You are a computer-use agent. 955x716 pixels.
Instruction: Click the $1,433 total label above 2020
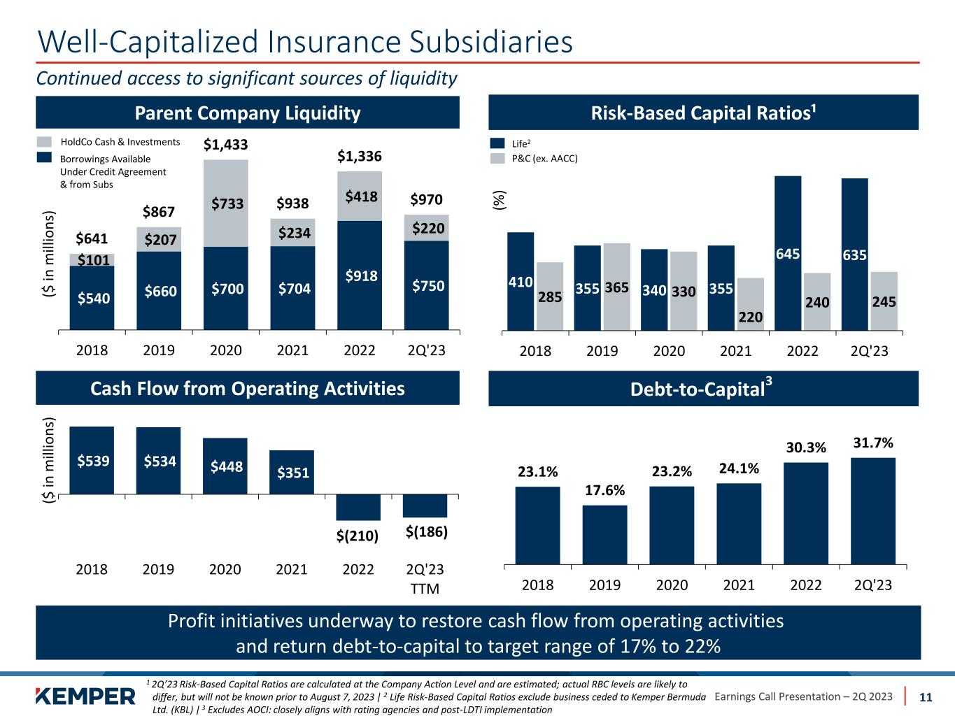tap(225, 145)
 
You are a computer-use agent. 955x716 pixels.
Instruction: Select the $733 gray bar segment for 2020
tap(225, 203)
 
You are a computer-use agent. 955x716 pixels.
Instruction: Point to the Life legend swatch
tap(497, 143)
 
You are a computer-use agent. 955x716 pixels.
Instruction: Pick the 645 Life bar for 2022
tap(788, 252)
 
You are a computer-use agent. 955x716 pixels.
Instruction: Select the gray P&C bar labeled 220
tap(750, 303)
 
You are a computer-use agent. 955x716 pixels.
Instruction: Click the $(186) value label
tap(427, 532)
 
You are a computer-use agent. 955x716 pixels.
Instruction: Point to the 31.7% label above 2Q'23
tap(872, 443)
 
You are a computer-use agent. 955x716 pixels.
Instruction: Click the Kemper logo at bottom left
tap(85, 696)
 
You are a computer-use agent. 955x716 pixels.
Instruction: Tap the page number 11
tap(926, 697)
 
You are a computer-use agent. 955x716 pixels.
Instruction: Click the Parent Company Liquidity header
tap(248, 113)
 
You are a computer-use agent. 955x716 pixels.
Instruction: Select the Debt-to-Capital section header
tap(702, 389)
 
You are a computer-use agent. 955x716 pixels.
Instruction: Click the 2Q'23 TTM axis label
tap(425, 578)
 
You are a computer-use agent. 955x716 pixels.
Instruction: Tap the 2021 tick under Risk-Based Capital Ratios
tap(735, 350)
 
